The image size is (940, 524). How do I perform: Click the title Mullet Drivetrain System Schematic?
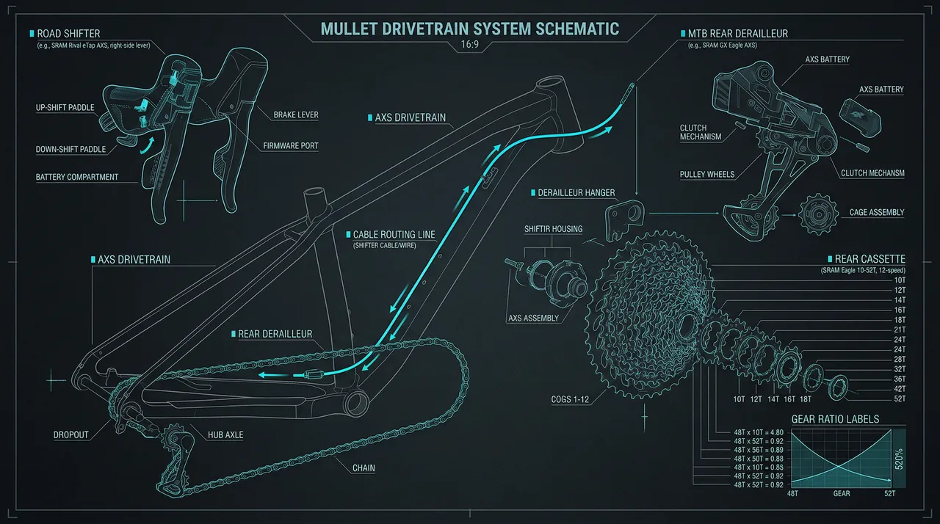(x=470, y=29)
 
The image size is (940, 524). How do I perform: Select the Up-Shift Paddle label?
(x=65, y=108)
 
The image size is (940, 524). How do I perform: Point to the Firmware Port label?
(x=291, y=146)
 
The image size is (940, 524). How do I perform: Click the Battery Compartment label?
(x=76, y=178)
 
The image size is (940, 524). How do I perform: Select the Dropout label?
(x=70, y=435)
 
